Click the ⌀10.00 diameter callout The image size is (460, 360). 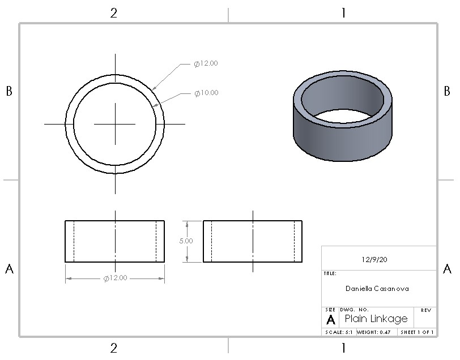click(x=206, y=93)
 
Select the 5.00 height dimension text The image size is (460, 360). click(x=186, y=241)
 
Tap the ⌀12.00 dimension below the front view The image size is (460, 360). click(x=116, y=278)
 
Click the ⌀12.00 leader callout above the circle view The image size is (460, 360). click(x=206, y=63)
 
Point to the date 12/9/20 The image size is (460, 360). click(x=374, y=259)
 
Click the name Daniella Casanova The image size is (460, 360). click(x=377, y=289)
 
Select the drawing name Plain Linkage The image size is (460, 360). click(x=376, y=318)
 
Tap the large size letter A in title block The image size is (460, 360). click(x=331, y=320)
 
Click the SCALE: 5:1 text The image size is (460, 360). click(x=339, y=332)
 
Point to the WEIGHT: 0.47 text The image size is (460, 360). click(x=373, y=332)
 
